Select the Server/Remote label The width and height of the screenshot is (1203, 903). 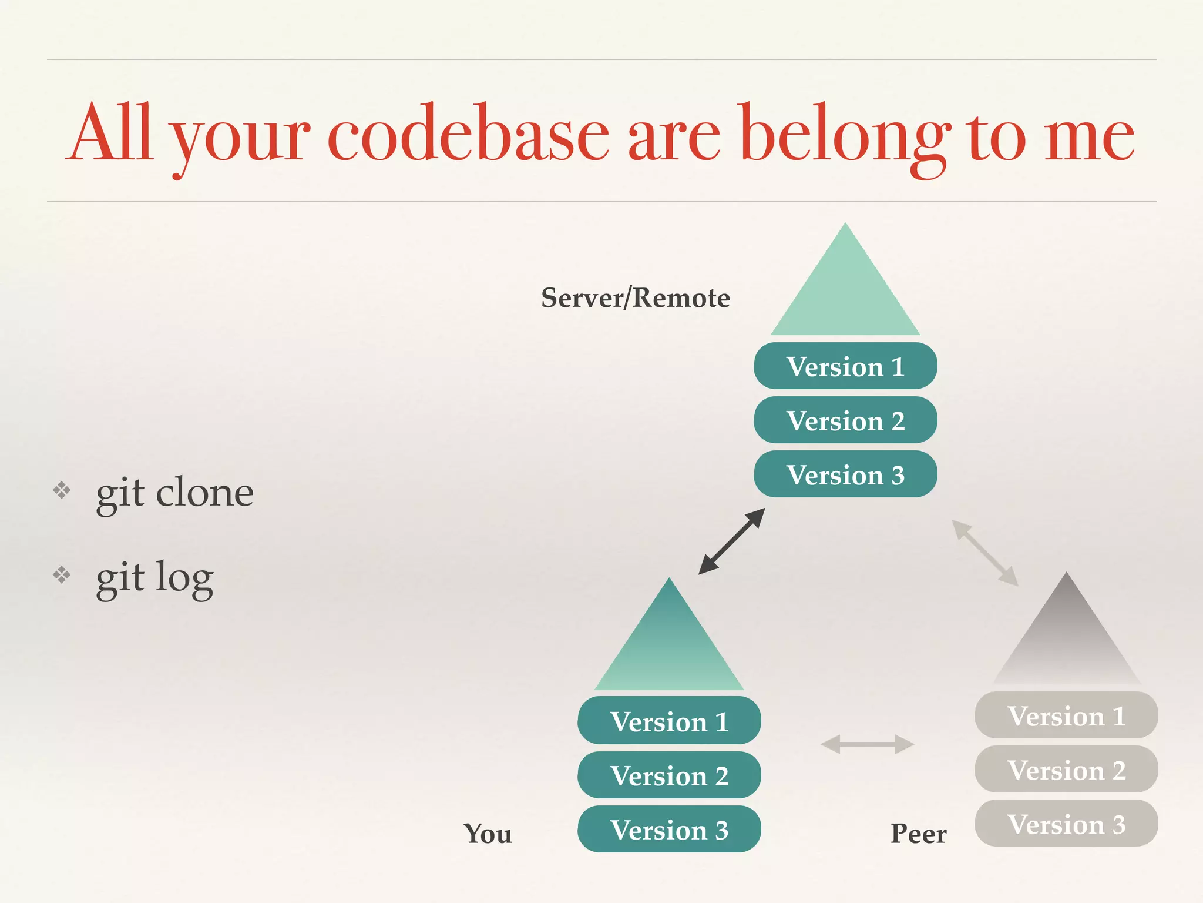tap(635, 298)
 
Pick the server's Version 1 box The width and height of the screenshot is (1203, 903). tap(845, 366)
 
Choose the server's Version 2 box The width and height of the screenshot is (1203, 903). tap(845, 420)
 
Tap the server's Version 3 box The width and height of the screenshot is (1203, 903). tap(845, 474)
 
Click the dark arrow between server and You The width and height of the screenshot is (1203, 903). tap(732, 541)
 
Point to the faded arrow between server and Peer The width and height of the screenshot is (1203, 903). tap(985, 553)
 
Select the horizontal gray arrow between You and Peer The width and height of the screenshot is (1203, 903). tap(867, 744)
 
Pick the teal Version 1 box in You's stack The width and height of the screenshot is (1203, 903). tap(669, 721)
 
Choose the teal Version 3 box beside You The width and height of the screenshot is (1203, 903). tap(669, 830)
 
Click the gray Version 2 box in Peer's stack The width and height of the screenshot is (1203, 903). tap(1066, 770)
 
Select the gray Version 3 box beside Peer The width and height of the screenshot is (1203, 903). tap(1066, 824)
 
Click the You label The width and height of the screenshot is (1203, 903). tap(488, 834)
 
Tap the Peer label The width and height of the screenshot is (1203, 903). tap(918, 834)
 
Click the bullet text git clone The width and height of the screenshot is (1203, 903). tap(174, 492)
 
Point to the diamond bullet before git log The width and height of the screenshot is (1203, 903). tap(62, 574)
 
